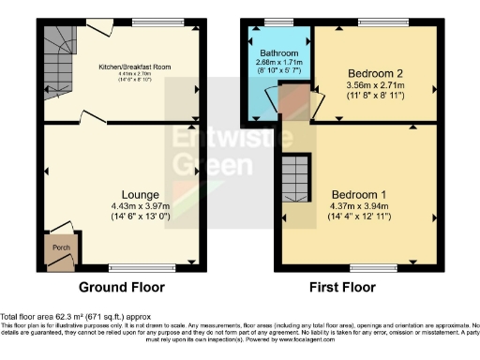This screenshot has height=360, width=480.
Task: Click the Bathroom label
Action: tap(281, 53)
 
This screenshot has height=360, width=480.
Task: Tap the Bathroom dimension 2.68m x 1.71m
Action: tap(281, 62)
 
